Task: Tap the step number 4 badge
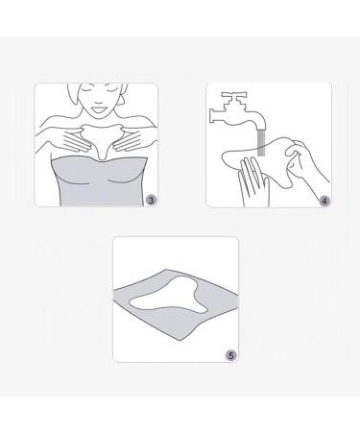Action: point(324,199)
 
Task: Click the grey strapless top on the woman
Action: point(93,178)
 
